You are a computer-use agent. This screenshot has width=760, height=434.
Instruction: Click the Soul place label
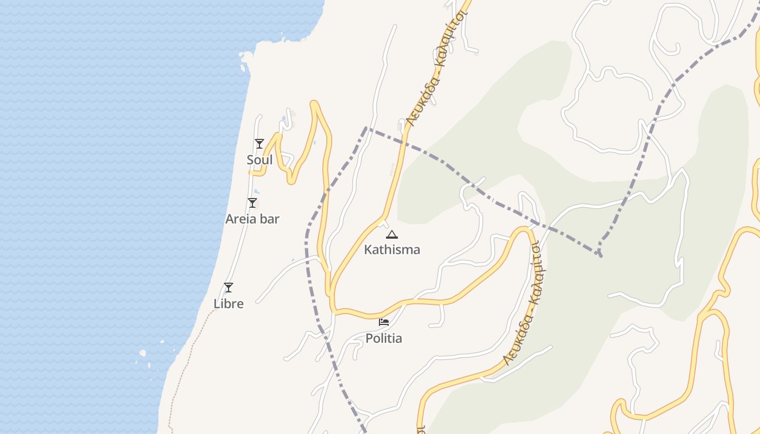(259, 160)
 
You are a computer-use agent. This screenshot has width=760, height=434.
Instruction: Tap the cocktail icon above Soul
(259, 144)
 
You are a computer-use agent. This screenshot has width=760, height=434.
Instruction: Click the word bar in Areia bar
(270, 219)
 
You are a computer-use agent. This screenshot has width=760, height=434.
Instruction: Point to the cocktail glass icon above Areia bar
(252, 203)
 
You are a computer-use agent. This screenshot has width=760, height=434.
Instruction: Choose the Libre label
(229, 304)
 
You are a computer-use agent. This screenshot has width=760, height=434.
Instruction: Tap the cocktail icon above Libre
(229, 288)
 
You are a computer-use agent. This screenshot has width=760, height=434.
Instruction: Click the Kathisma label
(392, 250)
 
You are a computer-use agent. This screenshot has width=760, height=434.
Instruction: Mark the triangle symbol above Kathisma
(392, 235)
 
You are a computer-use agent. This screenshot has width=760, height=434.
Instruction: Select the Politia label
(384, 339)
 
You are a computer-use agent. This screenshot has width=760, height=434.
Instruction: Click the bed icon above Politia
(384, 322)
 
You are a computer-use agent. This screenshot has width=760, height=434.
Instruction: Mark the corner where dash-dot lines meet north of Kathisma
(366, 128)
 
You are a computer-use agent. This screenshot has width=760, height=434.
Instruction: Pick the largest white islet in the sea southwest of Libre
(143, 353)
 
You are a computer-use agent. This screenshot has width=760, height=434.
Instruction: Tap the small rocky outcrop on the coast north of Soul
(246, 56)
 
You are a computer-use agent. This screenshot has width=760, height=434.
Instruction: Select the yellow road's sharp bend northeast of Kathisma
(524, 229)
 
